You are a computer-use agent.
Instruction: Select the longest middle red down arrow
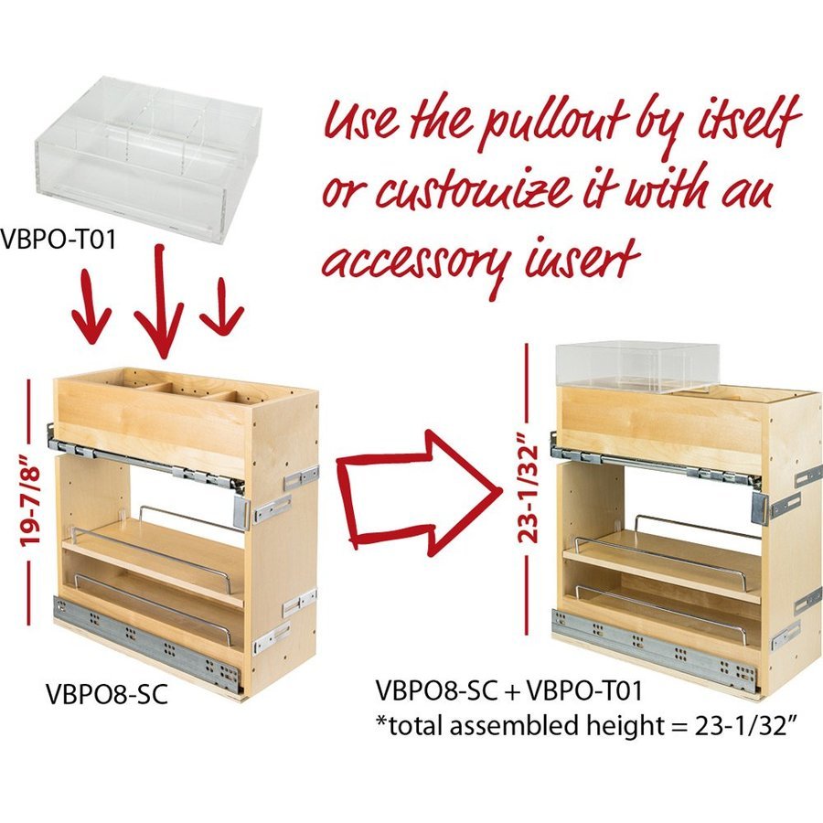[x=161, y=302]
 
